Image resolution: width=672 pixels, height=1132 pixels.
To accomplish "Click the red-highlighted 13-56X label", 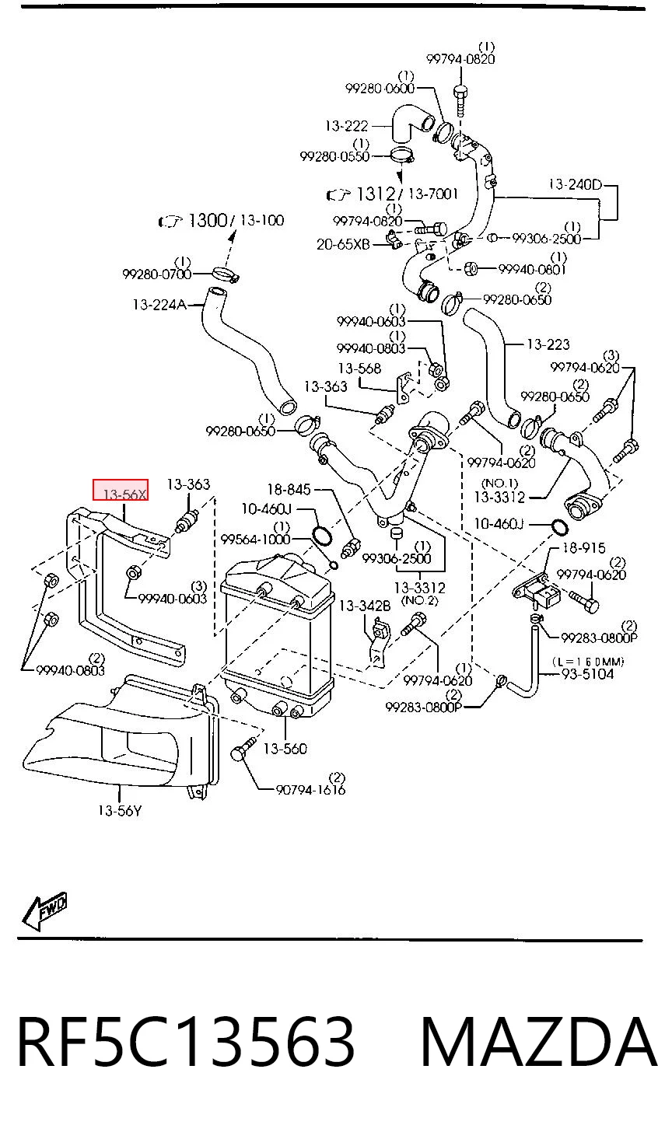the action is coord(121,489).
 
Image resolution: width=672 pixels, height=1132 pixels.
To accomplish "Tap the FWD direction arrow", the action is coord(44,910).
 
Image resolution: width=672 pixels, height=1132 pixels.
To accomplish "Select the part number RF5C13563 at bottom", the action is coord(186,1042).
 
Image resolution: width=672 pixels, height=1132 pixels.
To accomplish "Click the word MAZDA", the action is coord(538,1042).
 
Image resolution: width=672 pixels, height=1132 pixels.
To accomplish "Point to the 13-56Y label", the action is coord(120,811).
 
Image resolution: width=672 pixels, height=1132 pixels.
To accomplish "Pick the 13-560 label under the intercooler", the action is coord(285,749).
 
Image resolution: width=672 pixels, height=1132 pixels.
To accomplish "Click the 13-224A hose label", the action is coord(159,305).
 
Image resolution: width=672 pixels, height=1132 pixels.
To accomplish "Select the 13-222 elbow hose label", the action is coord(346,125).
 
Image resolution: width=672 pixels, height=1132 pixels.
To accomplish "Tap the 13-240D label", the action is coord(576,184).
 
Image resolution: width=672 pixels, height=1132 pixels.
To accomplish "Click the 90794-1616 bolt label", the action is coord(310,789).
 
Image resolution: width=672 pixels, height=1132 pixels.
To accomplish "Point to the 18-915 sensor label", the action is coord(584,548).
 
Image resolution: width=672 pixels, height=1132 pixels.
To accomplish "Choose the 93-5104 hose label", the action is coord(587,673).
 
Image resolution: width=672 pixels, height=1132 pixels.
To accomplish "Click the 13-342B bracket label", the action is coord(365,606).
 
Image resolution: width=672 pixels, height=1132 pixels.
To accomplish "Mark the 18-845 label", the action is coord(289,489).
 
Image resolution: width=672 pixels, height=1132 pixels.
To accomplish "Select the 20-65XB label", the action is coord(343,245).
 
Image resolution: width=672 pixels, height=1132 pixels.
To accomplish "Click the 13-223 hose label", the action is coord(548,344).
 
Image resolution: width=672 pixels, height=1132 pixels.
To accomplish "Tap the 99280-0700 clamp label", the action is coord(157,274).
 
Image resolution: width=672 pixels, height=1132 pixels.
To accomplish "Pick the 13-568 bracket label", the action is coord(359,369).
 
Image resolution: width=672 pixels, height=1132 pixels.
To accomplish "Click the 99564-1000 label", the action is coord(255,540).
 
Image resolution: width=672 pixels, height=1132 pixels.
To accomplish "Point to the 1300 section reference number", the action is coord(208,220).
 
